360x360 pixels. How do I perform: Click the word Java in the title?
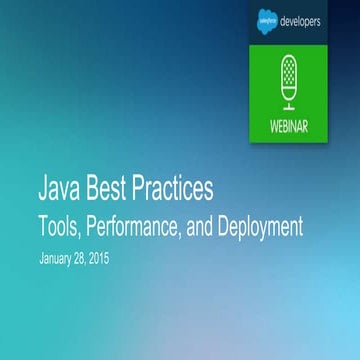click(59, 186)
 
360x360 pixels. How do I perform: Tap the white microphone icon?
click(289, 82)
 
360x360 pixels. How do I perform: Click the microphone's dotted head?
click(289, 71)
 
